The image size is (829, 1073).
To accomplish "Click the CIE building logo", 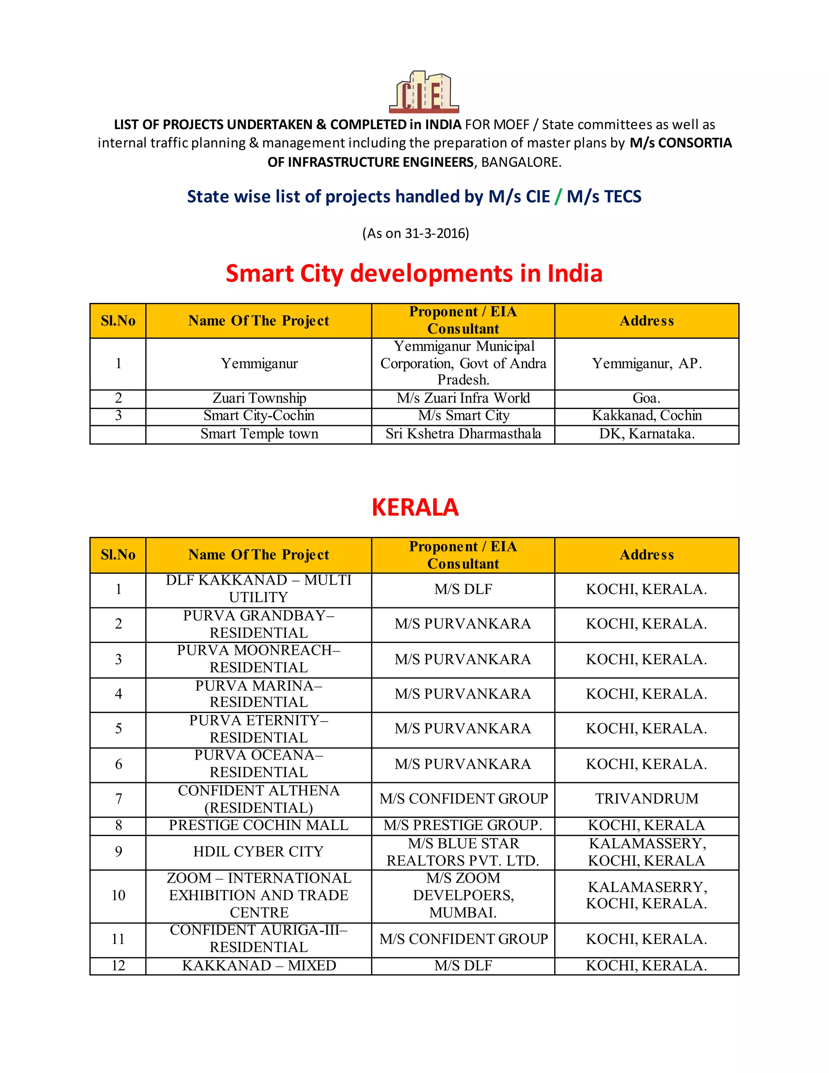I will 424,92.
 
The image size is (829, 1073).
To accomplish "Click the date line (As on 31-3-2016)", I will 415,233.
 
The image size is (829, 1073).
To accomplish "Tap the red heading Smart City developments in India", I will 414,274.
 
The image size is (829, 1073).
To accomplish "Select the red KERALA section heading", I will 415,507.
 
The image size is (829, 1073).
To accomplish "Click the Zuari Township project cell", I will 259,398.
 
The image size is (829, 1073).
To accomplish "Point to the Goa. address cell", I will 646,398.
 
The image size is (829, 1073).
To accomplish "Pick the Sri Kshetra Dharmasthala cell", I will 463,434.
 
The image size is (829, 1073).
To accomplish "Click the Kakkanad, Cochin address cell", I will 646,416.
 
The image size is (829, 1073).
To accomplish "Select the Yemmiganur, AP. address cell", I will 646,364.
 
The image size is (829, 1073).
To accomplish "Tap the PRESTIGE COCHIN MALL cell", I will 259,825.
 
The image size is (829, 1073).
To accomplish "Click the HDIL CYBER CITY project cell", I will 259,852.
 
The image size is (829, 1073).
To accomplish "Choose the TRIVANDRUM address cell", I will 646,798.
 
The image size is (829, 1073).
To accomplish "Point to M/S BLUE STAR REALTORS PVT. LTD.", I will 463,852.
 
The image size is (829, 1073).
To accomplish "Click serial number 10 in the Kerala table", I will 118,895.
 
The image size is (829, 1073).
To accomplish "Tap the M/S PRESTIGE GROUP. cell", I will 463,825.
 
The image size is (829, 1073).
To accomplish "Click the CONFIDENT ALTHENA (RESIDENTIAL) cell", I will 259,799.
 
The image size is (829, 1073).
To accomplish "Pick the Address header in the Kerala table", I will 646,555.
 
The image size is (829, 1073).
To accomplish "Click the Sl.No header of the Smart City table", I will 118,321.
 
